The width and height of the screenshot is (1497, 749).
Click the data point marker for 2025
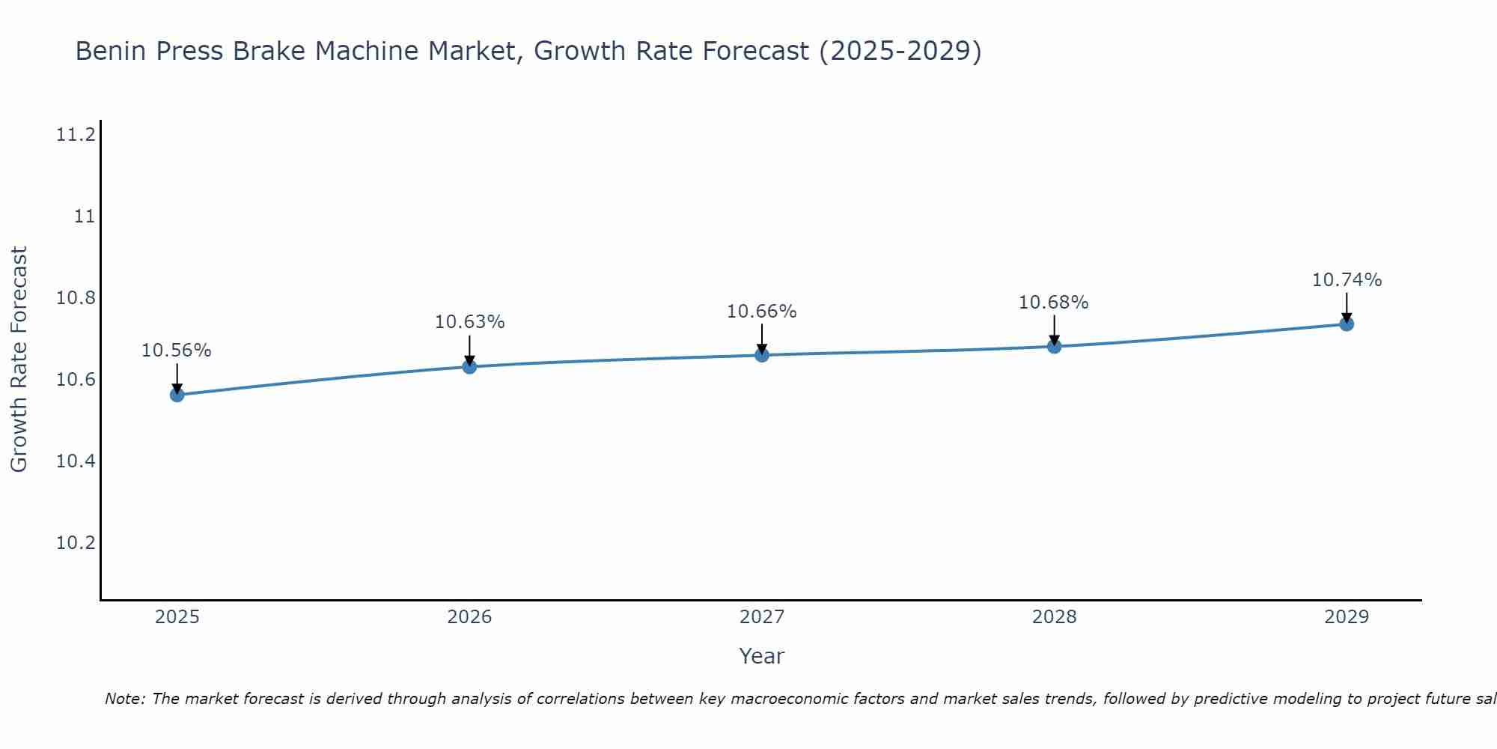pyautogui.click(x=177, y=395)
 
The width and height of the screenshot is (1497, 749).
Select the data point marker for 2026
pyautogui.click(x=469, y=366)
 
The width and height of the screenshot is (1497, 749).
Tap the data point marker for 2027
pyautogui.click(x=762, y=354)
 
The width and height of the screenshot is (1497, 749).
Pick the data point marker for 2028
pyautogui.click(x=1054, y=346)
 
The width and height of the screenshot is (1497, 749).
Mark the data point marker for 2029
pyautogui.click(x=1347, y=324)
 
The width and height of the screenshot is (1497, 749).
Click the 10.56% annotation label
pyautogui.click(x=177, y=351)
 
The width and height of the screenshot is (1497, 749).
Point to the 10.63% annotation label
pyautogui.click(x=469, y=322)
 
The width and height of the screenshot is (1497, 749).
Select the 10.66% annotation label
pyautogui.click(x=762, y=312)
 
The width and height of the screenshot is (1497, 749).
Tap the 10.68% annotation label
pyautogui.click(x=1053, y=303)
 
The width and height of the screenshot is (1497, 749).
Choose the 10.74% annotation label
pyautogui.click(x=1347, y=280)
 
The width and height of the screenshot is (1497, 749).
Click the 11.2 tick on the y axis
pyautogui.click(x=76, y=136)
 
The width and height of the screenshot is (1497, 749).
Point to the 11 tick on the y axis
pyautogui.click(x=85, y=217)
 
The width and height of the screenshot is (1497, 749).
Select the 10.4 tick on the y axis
pyautogui.click(x=76, y=461)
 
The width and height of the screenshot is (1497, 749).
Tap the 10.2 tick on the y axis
pyautogui.click(x=76, y=543)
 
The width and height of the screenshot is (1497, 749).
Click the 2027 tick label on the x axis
pyautogui.click(x=762, y=617)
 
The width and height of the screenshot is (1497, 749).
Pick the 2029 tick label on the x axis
pyautogui.click(x=1347, y=617)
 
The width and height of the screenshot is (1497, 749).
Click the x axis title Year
pyautogui.click(x=761, y=656)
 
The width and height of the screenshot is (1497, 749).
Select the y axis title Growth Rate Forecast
pyautogui.click(x=19, y=360)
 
